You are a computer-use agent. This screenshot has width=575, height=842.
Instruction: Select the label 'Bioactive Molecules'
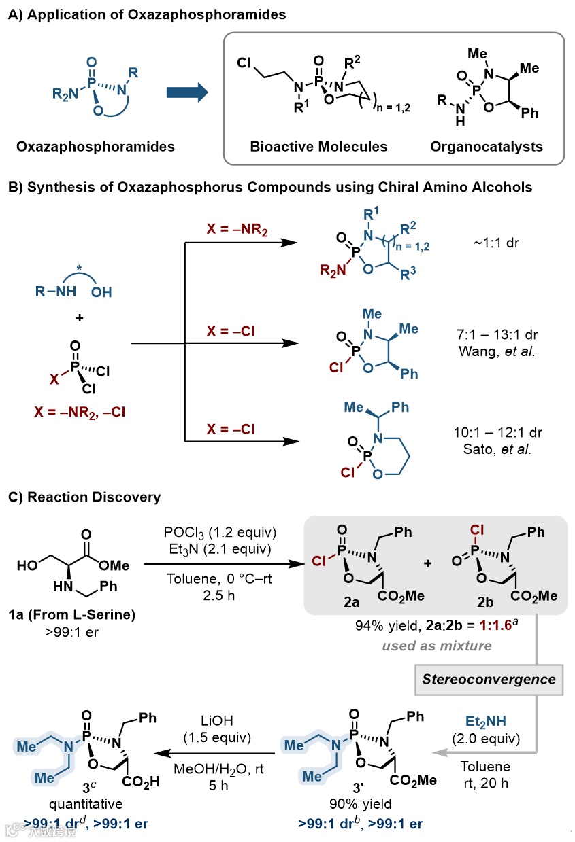click(x=318, y=146)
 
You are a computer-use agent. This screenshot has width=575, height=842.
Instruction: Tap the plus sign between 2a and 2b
click(x=427, y=563)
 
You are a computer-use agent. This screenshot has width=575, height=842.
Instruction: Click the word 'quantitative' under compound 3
click(x=82, y=805)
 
